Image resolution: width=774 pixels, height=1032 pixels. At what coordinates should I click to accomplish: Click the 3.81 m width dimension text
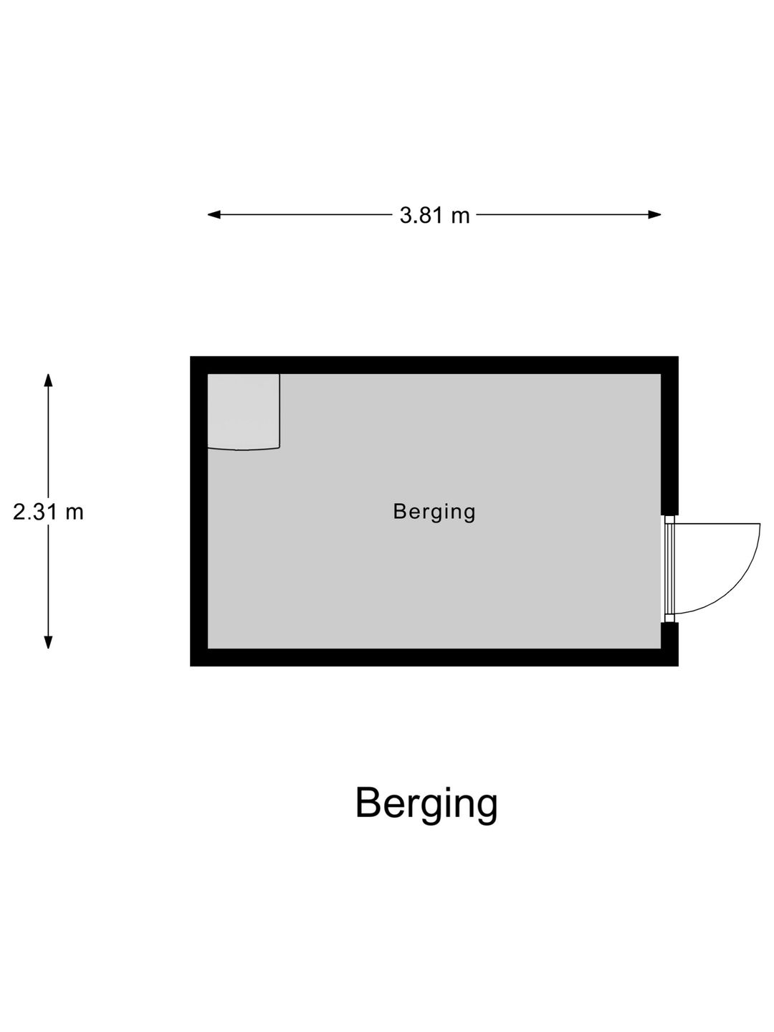pos(435,216)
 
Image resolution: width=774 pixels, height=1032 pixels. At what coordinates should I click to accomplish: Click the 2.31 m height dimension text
pos(48,512)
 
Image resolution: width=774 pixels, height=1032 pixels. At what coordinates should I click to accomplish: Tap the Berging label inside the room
pos(434,512)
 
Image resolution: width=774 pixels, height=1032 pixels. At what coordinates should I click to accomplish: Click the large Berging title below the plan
pos(426,776)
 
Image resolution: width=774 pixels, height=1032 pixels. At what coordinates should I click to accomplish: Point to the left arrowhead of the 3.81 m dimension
pos(214,215)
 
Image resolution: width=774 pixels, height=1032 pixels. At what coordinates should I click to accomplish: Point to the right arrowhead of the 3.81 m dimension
pos(654,215)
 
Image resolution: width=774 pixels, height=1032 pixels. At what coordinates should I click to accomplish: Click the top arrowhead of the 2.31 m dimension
pos(48,381)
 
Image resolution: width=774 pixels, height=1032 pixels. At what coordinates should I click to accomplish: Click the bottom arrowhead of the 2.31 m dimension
pos(48,642)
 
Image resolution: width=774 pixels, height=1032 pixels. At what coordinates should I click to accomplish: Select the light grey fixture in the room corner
pos(244,412)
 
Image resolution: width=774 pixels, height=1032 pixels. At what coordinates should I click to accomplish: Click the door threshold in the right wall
pos(669,569)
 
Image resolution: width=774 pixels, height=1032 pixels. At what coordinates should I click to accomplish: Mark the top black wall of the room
pos(434,365)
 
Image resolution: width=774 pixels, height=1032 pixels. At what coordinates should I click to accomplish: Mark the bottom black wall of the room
pos(434,658)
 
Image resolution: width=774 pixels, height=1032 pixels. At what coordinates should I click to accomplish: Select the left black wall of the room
pos(199,512)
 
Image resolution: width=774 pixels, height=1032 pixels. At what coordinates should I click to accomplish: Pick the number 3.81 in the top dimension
pos(421,216)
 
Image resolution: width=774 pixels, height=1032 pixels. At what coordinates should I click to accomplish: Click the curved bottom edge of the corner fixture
pos(244,449)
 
